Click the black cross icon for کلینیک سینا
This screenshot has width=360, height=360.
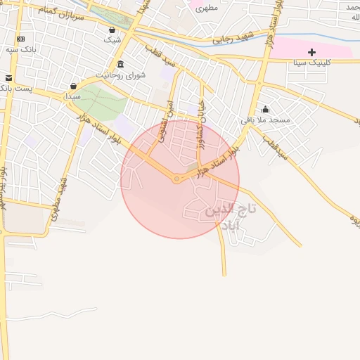point(311,52)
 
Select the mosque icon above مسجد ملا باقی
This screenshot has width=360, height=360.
point(265,109)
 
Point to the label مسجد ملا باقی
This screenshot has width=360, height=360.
point(265,120)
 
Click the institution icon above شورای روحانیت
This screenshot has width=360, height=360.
point(120,64)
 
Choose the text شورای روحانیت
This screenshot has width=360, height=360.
point(120,75)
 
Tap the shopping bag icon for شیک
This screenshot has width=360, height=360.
point(112,30)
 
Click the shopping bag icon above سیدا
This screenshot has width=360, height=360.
point(73,86)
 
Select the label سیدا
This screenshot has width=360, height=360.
point(73,96)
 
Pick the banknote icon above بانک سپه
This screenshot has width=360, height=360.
point(20,39)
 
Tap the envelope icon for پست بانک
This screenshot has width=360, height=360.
point(8,77)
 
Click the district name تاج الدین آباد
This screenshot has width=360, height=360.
point(231,217)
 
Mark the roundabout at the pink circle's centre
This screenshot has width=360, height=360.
point(176,179)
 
